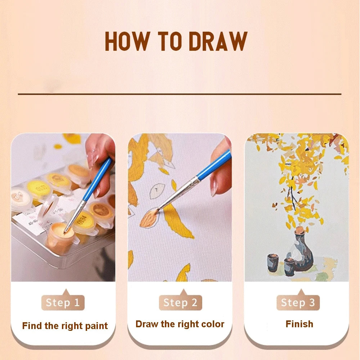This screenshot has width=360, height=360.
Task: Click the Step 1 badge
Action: (63, 303)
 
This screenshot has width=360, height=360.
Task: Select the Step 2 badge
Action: (180, 303)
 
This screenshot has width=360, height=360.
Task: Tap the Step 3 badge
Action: (298, 303)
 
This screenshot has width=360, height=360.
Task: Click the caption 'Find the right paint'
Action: (65, 326)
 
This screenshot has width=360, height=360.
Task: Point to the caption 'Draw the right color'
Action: (180, 324)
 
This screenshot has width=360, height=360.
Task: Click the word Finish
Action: (299, 324)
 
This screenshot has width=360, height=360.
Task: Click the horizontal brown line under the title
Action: (180, 94)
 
